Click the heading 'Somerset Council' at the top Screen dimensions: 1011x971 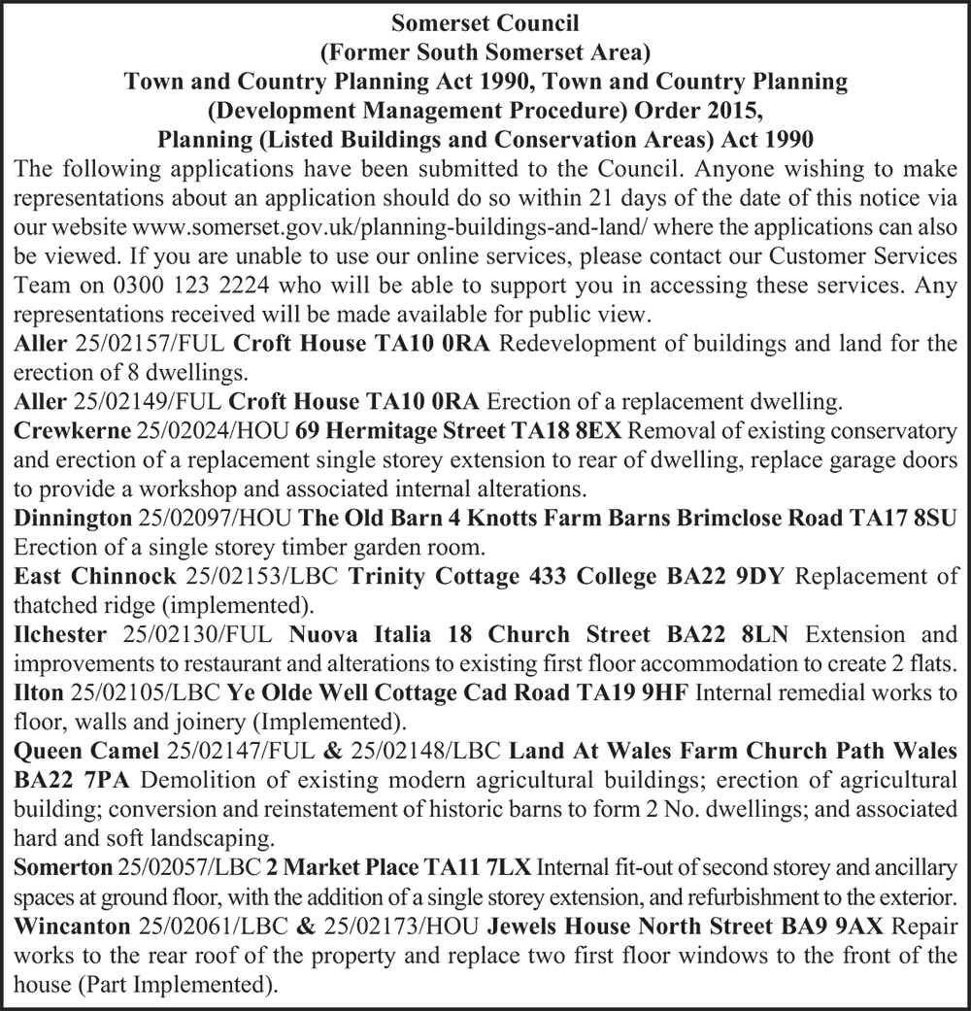(485, 19)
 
